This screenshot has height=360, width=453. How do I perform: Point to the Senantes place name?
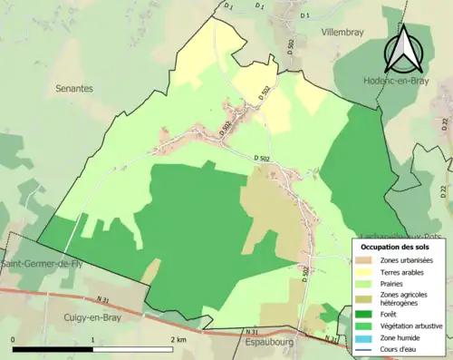tap(74, 88)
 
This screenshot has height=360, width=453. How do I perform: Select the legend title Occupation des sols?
tap(395, 247)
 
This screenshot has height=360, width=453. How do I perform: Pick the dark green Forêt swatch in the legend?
tap(366, 315)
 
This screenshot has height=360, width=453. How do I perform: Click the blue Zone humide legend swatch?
tap(366, 336)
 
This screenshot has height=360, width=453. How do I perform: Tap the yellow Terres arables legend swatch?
tap(366, 271)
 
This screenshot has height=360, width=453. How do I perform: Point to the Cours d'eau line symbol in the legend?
tap(366, 347)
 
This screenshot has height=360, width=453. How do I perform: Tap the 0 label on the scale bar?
tap(13, 340)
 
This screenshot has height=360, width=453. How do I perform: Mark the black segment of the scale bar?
tap(53, 349)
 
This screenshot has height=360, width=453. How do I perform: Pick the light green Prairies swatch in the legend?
tap(366, 282)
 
